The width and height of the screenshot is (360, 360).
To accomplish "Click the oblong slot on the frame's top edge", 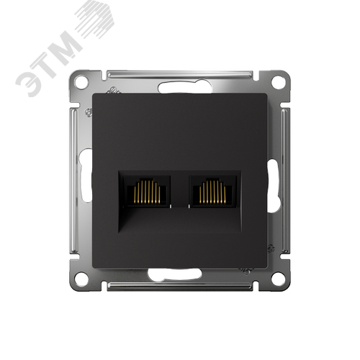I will [179, 89].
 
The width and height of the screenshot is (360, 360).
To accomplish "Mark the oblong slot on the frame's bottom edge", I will [179, 274].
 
